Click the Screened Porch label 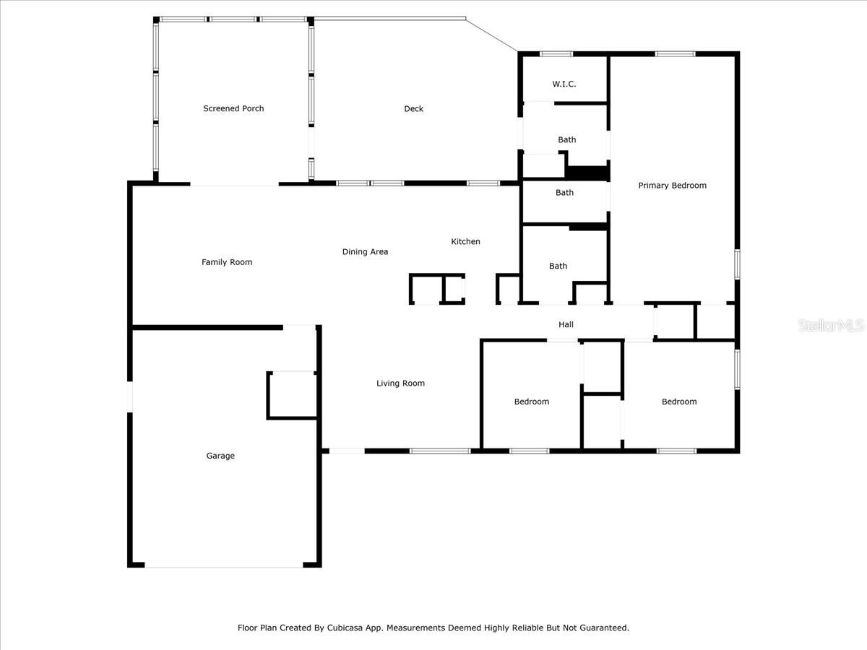coord(233,108)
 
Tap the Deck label coord(413,109)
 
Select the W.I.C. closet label coord(564,84)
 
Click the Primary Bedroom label coord(672,186)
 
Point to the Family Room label coord(227,262)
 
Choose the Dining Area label coord(365,252)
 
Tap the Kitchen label coord(465,242)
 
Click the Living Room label coord(400,383)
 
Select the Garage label coord(220,456)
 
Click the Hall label coord(566,325)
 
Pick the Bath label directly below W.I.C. coord(566,140)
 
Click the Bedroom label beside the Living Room coord(531,402)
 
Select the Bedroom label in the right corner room coord(679,402)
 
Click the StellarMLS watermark coord(831,326)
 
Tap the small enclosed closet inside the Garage coord(292,395)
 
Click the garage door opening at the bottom coord(224,566)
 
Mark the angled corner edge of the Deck coord(492,35)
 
